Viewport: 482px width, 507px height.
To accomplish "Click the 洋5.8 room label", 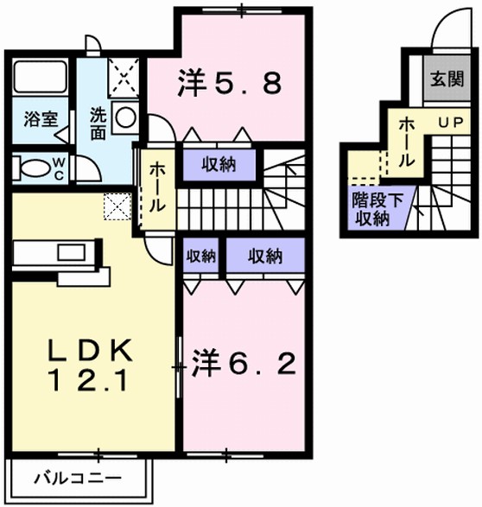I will [x=230, y=83].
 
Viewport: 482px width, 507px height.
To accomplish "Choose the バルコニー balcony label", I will [x=78, y=477].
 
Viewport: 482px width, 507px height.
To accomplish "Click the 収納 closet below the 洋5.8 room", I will [x=218, y=164].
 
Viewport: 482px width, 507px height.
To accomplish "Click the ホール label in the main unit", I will [x=158, y=189].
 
